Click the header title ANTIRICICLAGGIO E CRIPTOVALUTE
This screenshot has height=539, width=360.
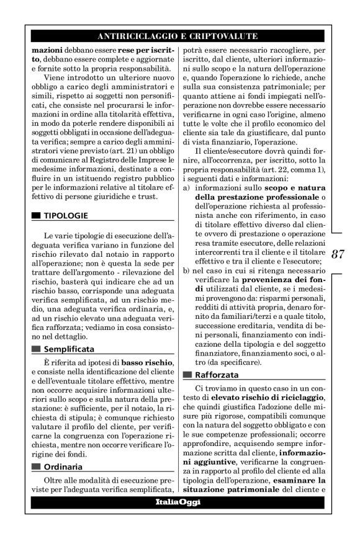coord(178,36)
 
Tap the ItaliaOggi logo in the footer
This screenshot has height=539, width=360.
coord(178,502)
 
